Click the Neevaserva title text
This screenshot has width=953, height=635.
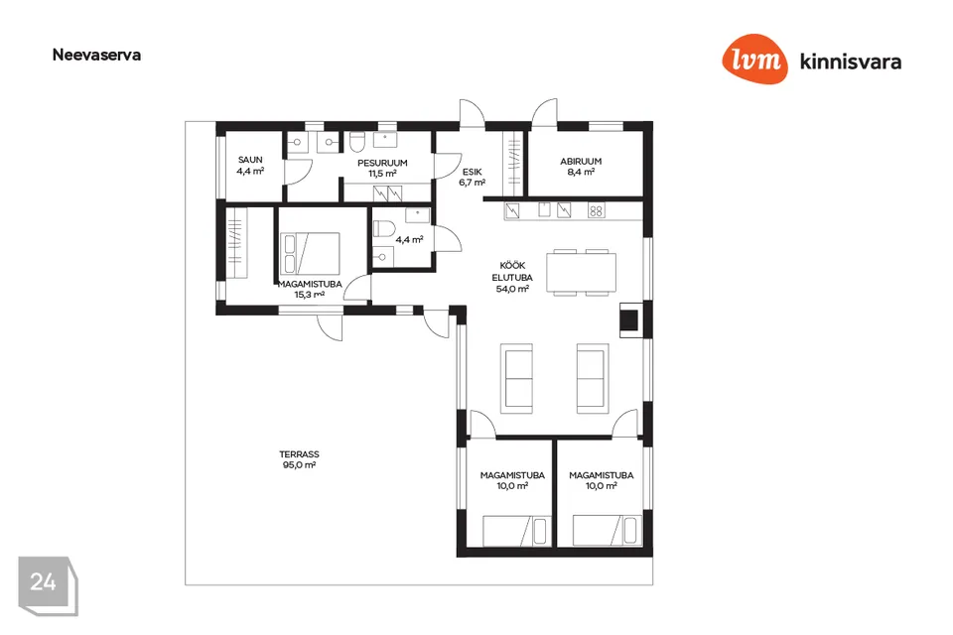coord(96,55)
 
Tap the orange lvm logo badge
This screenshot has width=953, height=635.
coord(754,59)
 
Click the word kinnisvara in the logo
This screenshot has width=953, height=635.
coord(851,62)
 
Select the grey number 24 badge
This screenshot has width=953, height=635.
coord(48,585)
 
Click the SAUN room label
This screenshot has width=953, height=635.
coord(250,160)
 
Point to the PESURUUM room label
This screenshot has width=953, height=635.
coord(382,163)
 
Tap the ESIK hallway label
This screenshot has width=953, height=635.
coord(472,172)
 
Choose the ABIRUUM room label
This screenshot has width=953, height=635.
coord(581,161)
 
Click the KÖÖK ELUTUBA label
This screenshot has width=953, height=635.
coord(512,272)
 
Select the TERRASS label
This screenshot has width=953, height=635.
coord(299,453)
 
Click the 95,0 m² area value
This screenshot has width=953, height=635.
coord(299,465)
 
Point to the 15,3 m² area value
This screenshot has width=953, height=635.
coord(310,295)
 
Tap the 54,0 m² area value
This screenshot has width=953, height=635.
coord(512,289)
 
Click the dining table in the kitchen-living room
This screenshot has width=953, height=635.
coord(581,272)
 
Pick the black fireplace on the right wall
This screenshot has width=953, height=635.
coord(629,320)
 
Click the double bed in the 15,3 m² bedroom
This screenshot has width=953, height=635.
coord(311,253)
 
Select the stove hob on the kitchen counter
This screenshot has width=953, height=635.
coord(597,211)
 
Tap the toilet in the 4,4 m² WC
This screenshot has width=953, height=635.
coord(383,229)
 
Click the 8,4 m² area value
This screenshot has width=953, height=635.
coord(581,172)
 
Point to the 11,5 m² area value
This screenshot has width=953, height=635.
coord(382,174)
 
